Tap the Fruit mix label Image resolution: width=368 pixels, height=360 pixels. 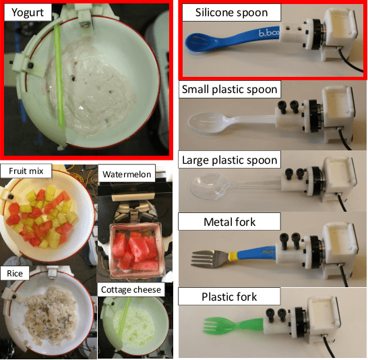[25, 171]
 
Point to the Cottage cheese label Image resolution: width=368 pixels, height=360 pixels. [131, 289]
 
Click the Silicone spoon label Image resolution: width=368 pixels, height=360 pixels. [231, 13]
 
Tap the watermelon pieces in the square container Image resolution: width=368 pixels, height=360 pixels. [132, 249]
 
